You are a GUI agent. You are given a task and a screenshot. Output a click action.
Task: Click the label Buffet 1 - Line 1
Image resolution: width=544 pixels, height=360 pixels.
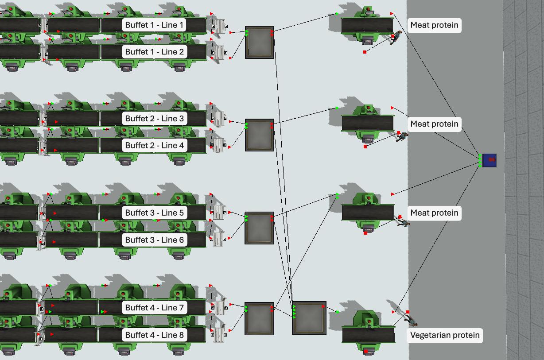tap(154, 25)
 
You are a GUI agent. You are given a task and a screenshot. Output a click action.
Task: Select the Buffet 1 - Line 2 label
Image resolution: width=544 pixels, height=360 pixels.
tap(154, 52)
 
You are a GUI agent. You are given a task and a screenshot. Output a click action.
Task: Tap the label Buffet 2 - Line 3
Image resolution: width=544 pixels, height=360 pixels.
tap(154, 119)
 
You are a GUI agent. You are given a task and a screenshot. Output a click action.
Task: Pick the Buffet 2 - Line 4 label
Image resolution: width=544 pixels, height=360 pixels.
tap(154, 145)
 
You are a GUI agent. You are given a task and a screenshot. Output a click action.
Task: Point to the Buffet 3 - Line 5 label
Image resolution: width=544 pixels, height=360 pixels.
tap(154, 213)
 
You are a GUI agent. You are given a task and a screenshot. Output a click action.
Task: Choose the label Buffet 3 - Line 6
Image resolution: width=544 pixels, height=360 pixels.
tap(154, 240)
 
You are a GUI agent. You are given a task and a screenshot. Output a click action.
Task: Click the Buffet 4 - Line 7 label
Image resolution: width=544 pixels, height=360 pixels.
tap(154, 307)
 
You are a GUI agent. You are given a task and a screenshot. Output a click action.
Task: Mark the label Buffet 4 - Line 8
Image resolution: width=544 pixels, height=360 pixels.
tap(154, 335)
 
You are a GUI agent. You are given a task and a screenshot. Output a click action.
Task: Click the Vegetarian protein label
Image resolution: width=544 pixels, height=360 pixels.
tap(444, 335)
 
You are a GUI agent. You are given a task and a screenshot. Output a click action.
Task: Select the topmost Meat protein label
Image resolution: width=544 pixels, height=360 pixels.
tap(434, 25)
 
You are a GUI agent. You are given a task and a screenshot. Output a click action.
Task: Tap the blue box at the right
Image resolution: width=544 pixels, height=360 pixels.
tap(489, 160)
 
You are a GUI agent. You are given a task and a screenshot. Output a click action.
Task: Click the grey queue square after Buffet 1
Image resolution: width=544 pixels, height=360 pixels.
tap(260, 43)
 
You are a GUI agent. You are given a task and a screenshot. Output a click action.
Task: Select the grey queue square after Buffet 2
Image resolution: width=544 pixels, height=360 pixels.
tap(260, 135)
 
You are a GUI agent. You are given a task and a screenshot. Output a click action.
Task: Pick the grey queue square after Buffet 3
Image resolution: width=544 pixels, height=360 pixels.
tap(260, 228)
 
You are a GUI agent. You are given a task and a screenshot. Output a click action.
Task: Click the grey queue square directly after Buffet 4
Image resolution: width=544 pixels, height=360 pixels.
tap(260, 318)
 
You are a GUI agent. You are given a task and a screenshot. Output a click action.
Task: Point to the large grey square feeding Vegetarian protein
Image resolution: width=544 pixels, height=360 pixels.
tap(309, 318)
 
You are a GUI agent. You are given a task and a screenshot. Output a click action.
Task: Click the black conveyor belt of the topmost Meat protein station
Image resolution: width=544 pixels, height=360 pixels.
tap(367, 25)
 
